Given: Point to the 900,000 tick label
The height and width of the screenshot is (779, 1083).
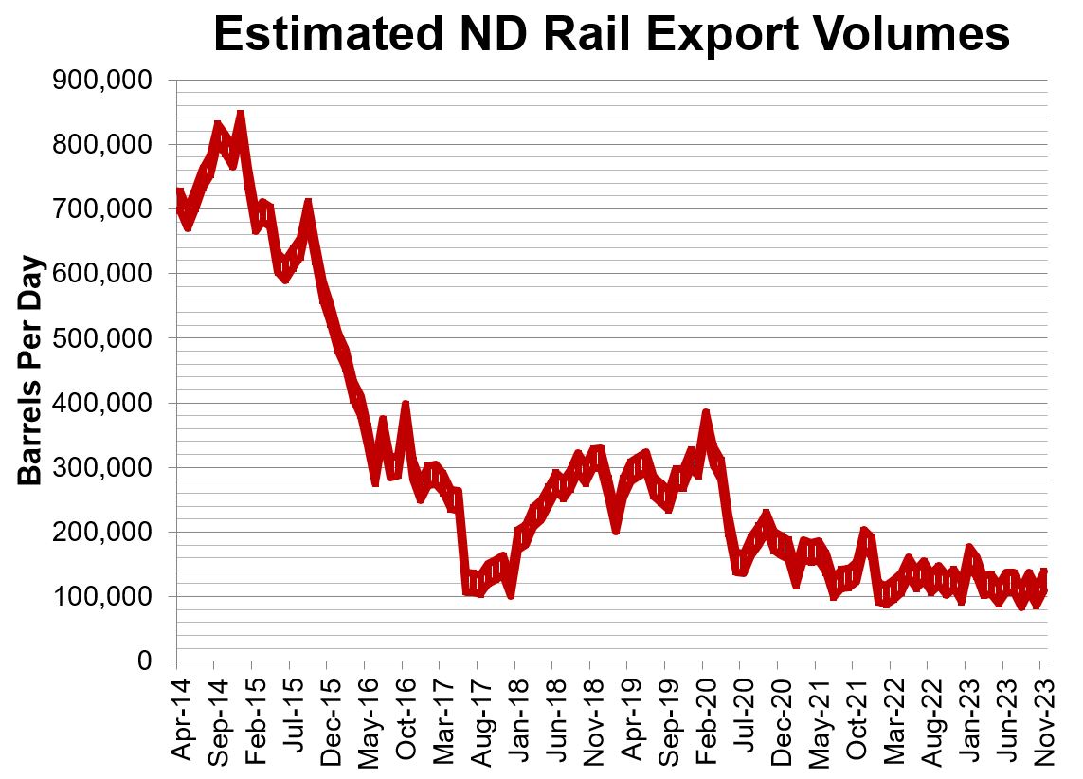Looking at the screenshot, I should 99,81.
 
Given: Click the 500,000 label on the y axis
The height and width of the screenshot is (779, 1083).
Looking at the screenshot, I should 99,338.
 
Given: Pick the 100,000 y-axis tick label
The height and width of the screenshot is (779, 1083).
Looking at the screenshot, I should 99,597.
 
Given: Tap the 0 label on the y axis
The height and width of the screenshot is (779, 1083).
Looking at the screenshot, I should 145,661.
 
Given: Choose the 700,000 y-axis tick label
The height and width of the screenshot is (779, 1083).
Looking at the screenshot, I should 99,209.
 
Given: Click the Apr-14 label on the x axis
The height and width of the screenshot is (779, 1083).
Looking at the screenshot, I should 178,717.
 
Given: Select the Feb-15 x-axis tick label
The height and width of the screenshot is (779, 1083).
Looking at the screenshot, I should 253,717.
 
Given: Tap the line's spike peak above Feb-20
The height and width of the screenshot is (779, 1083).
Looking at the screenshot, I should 706,414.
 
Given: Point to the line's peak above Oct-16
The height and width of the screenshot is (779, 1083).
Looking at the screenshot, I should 406,405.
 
